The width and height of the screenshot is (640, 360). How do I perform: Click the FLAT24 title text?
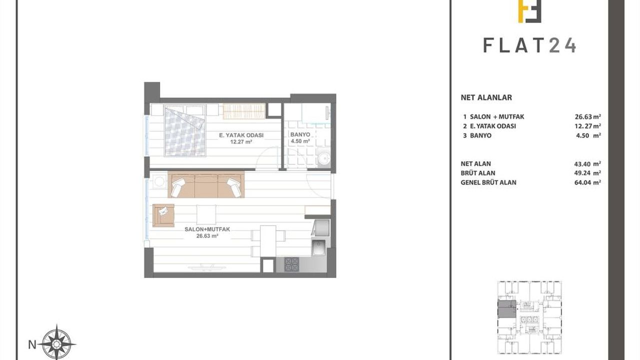[529, 45]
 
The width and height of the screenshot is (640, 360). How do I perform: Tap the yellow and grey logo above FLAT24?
[529, 11]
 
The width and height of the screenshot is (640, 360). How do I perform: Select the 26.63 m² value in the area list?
[587, 116]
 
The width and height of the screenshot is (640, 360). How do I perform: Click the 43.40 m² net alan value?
[587, 163]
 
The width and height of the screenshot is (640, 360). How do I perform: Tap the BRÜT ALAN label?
[478, 173]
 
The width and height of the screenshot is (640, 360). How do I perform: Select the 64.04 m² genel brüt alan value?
[587, 182]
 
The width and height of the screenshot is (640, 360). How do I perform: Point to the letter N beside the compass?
[32, 345]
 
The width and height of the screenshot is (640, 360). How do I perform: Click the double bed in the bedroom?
[185, 130]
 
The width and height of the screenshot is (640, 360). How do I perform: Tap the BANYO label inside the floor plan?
[300, 134]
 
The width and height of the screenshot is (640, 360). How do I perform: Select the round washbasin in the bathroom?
[324, 157]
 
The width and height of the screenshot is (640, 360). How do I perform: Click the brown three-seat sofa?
[206, 184]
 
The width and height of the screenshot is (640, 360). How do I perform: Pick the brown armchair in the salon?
[163, 215]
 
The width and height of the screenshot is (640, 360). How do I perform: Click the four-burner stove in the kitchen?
[291, 264]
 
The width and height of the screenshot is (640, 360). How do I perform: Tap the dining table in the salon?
[268, 241]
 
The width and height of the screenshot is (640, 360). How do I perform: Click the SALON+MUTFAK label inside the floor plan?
[207, 229]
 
